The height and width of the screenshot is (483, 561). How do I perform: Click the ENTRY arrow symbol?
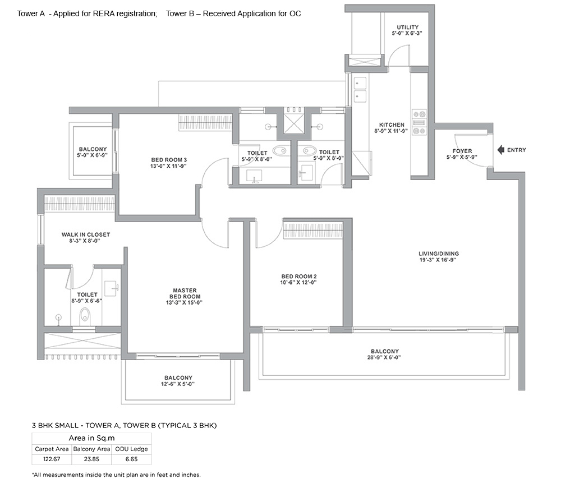click(x=501, y=150)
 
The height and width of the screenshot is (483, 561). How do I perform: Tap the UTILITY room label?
click(x=407, y=27)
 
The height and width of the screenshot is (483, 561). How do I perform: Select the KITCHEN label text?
click(x=392, y=125)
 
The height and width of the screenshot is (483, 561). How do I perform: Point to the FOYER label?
click(x=462, y=151)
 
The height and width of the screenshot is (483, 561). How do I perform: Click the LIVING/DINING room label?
click(x=439, y=254)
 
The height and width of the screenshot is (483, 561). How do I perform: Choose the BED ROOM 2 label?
click(x=299, y=276)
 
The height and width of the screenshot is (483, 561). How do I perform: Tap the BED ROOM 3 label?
click(x=169, y=160)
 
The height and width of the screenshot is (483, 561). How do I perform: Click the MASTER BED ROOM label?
click(x=185, y=293)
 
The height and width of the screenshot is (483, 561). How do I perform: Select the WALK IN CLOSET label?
click(x=85, y=234)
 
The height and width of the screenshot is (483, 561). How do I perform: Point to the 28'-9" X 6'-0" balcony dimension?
click(x=385, y=357)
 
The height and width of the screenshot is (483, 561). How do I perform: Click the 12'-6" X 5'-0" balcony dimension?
click(x=178, y=384)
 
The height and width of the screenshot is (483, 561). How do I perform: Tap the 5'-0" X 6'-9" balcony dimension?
click(x=93, y=155)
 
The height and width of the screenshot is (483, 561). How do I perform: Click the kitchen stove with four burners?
click(x=419, y=122)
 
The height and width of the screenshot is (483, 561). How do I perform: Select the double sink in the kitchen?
click(x=360, y=89)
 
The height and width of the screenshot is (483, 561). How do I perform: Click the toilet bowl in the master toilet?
click(x=85, y=315)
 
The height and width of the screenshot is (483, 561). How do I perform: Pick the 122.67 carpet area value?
click(x=52, y=459)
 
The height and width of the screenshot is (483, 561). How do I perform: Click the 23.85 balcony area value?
click(x=91, y=459)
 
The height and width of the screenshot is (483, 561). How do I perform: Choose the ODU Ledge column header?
click(x=131, y=449)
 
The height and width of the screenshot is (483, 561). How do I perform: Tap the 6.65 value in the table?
click(x=132, y=459)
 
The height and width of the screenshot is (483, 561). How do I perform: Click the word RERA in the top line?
click(x=103, y=13)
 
